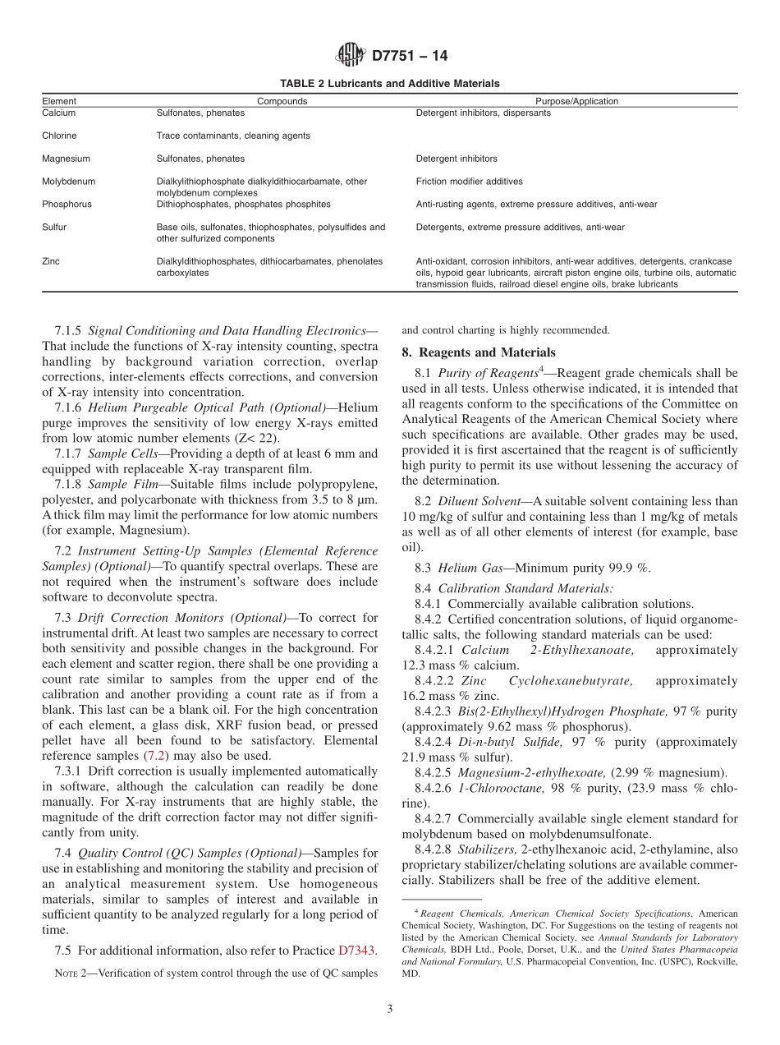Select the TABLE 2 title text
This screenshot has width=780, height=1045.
389,84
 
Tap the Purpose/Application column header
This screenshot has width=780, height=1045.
576,102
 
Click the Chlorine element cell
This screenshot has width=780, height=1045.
59,136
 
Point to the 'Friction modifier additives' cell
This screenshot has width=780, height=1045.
469,182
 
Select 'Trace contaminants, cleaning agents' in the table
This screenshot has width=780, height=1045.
233,136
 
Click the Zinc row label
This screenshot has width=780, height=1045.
51,261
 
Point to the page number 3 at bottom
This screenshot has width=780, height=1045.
390,1010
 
